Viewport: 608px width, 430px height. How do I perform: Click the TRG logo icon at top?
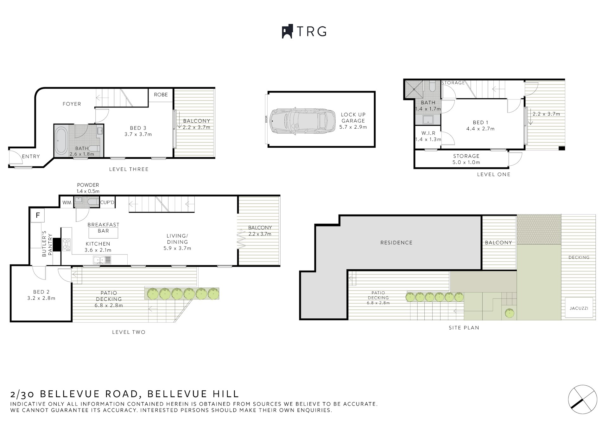coord(287,31)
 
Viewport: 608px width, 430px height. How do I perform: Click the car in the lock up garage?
coord(302,121)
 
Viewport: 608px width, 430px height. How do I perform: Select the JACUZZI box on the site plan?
coord(579,308)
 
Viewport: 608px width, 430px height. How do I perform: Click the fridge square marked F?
coord(38,215)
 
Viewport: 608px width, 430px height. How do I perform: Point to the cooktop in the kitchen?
coord(66,244)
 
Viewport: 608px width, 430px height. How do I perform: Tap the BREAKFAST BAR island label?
coord(103,228)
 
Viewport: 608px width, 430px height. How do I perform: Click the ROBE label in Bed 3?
coord(161,95)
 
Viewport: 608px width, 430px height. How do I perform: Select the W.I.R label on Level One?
coord(428,133)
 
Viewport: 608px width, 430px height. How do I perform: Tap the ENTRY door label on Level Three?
coord(31,157)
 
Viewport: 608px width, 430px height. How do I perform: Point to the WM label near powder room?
coord(66,202)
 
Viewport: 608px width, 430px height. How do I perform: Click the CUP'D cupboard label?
coord(107,202)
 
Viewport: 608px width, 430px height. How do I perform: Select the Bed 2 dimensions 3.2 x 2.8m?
coord(41,298)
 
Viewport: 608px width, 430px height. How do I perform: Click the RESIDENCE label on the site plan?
coord(396,243)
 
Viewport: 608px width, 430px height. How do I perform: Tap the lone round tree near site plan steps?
coord(509,313)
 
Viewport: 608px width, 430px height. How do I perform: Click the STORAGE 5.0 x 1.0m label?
coord(466,159)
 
